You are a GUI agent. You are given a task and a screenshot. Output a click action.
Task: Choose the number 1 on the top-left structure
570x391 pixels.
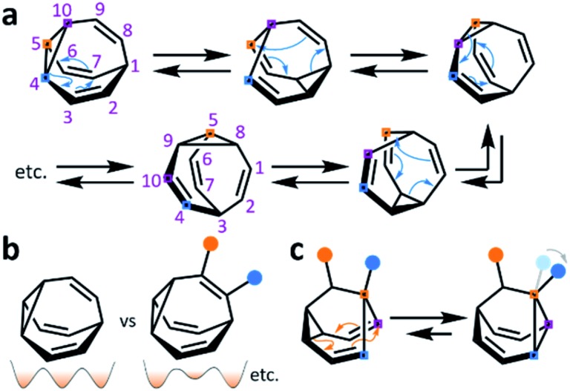pos(137,68)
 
